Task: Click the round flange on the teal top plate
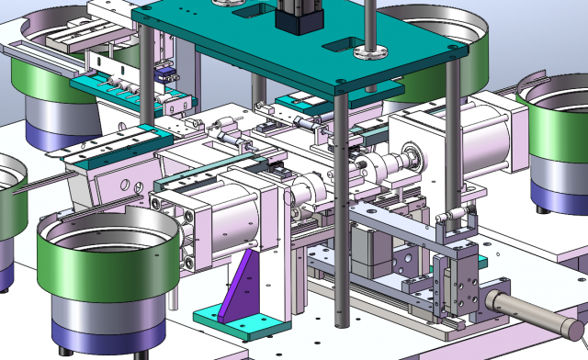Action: point(371,51)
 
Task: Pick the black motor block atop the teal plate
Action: point(300,16)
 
